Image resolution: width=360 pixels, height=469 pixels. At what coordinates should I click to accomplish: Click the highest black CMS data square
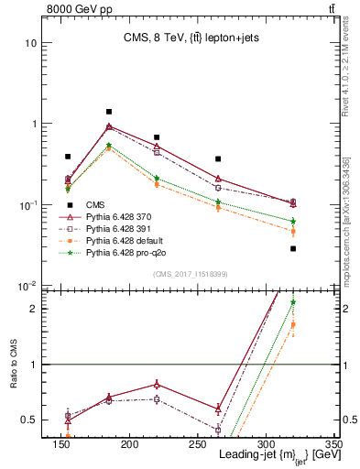pos(109,112)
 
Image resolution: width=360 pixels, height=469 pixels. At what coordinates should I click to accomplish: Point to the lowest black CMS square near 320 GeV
pos(293,248)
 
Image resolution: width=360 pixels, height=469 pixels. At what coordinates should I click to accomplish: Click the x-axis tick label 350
pos(333,444)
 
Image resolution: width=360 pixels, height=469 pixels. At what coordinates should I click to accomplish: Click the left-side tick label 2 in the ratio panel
pos(32,309)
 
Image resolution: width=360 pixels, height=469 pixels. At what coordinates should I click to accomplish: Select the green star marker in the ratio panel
pos(293,301)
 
